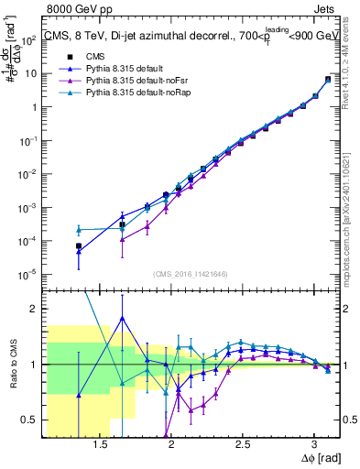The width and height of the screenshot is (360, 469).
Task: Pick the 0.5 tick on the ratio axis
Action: pyautogui.click(x=31, y=420)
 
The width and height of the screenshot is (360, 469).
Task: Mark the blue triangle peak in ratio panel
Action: pyautogui.click(x=122, y=319)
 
